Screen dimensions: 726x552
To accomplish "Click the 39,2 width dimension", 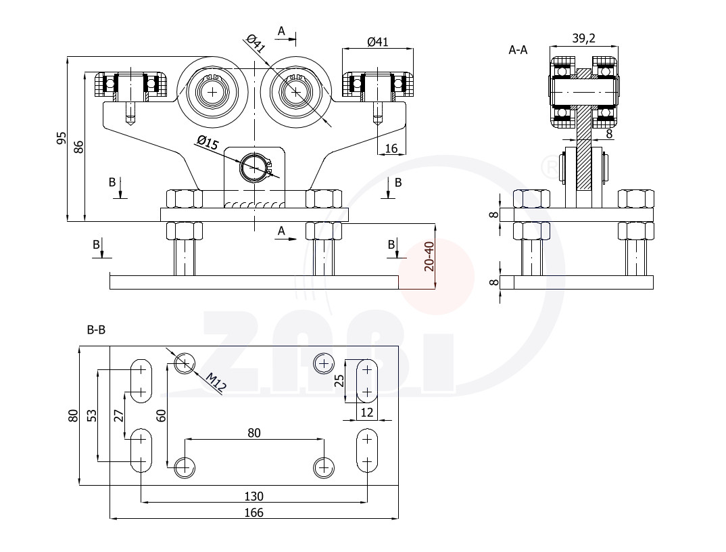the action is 583,39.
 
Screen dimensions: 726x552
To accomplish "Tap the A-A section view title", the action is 518,50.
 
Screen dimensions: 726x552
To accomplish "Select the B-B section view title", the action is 96,330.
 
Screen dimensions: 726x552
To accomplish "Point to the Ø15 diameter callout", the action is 207,142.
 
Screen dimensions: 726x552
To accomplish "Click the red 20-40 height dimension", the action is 429,256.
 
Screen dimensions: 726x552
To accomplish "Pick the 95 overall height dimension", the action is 62,138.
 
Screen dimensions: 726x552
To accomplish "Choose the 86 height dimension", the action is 79,147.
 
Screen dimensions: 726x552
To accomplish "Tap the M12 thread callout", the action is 216,383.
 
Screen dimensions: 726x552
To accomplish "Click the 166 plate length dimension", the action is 253,513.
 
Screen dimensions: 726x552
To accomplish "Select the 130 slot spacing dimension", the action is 253,497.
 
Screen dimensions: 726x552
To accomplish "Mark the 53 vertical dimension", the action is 93,415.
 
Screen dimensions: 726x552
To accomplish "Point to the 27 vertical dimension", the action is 119,415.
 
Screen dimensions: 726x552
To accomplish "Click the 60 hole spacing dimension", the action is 161,415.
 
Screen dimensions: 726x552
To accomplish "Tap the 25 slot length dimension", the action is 339,380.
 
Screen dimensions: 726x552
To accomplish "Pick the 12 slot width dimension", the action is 366,412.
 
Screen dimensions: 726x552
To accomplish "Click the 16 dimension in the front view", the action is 391,148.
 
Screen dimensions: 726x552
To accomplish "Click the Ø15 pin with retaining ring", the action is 254,167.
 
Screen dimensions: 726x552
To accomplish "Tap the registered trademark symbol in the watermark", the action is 551,167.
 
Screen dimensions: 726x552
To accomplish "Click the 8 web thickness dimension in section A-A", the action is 609,134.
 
